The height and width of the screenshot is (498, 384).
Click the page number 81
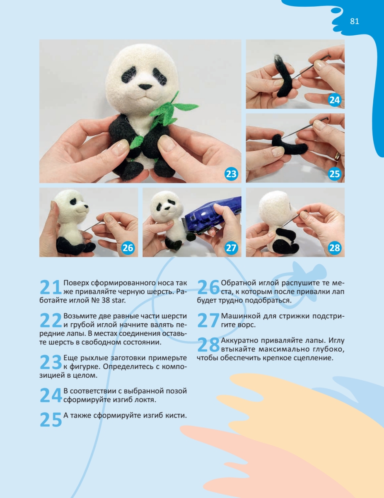pyautogui.click(x=354, y=21)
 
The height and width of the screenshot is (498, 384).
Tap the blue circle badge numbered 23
pyautogui.click(x=231, y=174)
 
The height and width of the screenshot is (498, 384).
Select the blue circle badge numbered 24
pyautogui.click(x=334, y=100)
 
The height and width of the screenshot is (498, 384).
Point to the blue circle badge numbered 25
pyautogui.click(x=334, y=174)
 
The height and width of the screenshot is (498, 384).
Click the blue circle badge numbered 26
pyautogui.click(x=128, y=248)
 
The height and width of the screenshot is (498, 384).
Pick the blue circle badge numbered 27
pyautogui.click(x=231, y=248)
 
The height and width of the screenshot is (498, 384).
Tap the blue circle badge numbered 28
pyautogui.click(x=334, y=248)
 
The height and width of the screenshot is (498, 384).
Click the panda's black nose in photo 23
pyautogui.click(x=145, y=87)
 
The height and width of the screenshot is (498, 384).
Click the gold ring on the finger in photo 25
pyautogui.click(x=337, y=156)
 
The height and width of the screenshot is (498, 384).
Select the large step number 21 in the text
pyautogui.click(x=51, y=287)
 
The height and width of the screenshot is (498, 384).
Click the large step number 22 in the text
pyautogui.click(x=51, y=320)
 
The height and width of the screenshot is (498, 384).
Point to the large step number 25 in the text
pyautogui.click(x=51, y=420)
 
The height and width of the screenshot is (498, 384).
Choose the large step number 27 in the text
pyautogui.click(x=208, y=320)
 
